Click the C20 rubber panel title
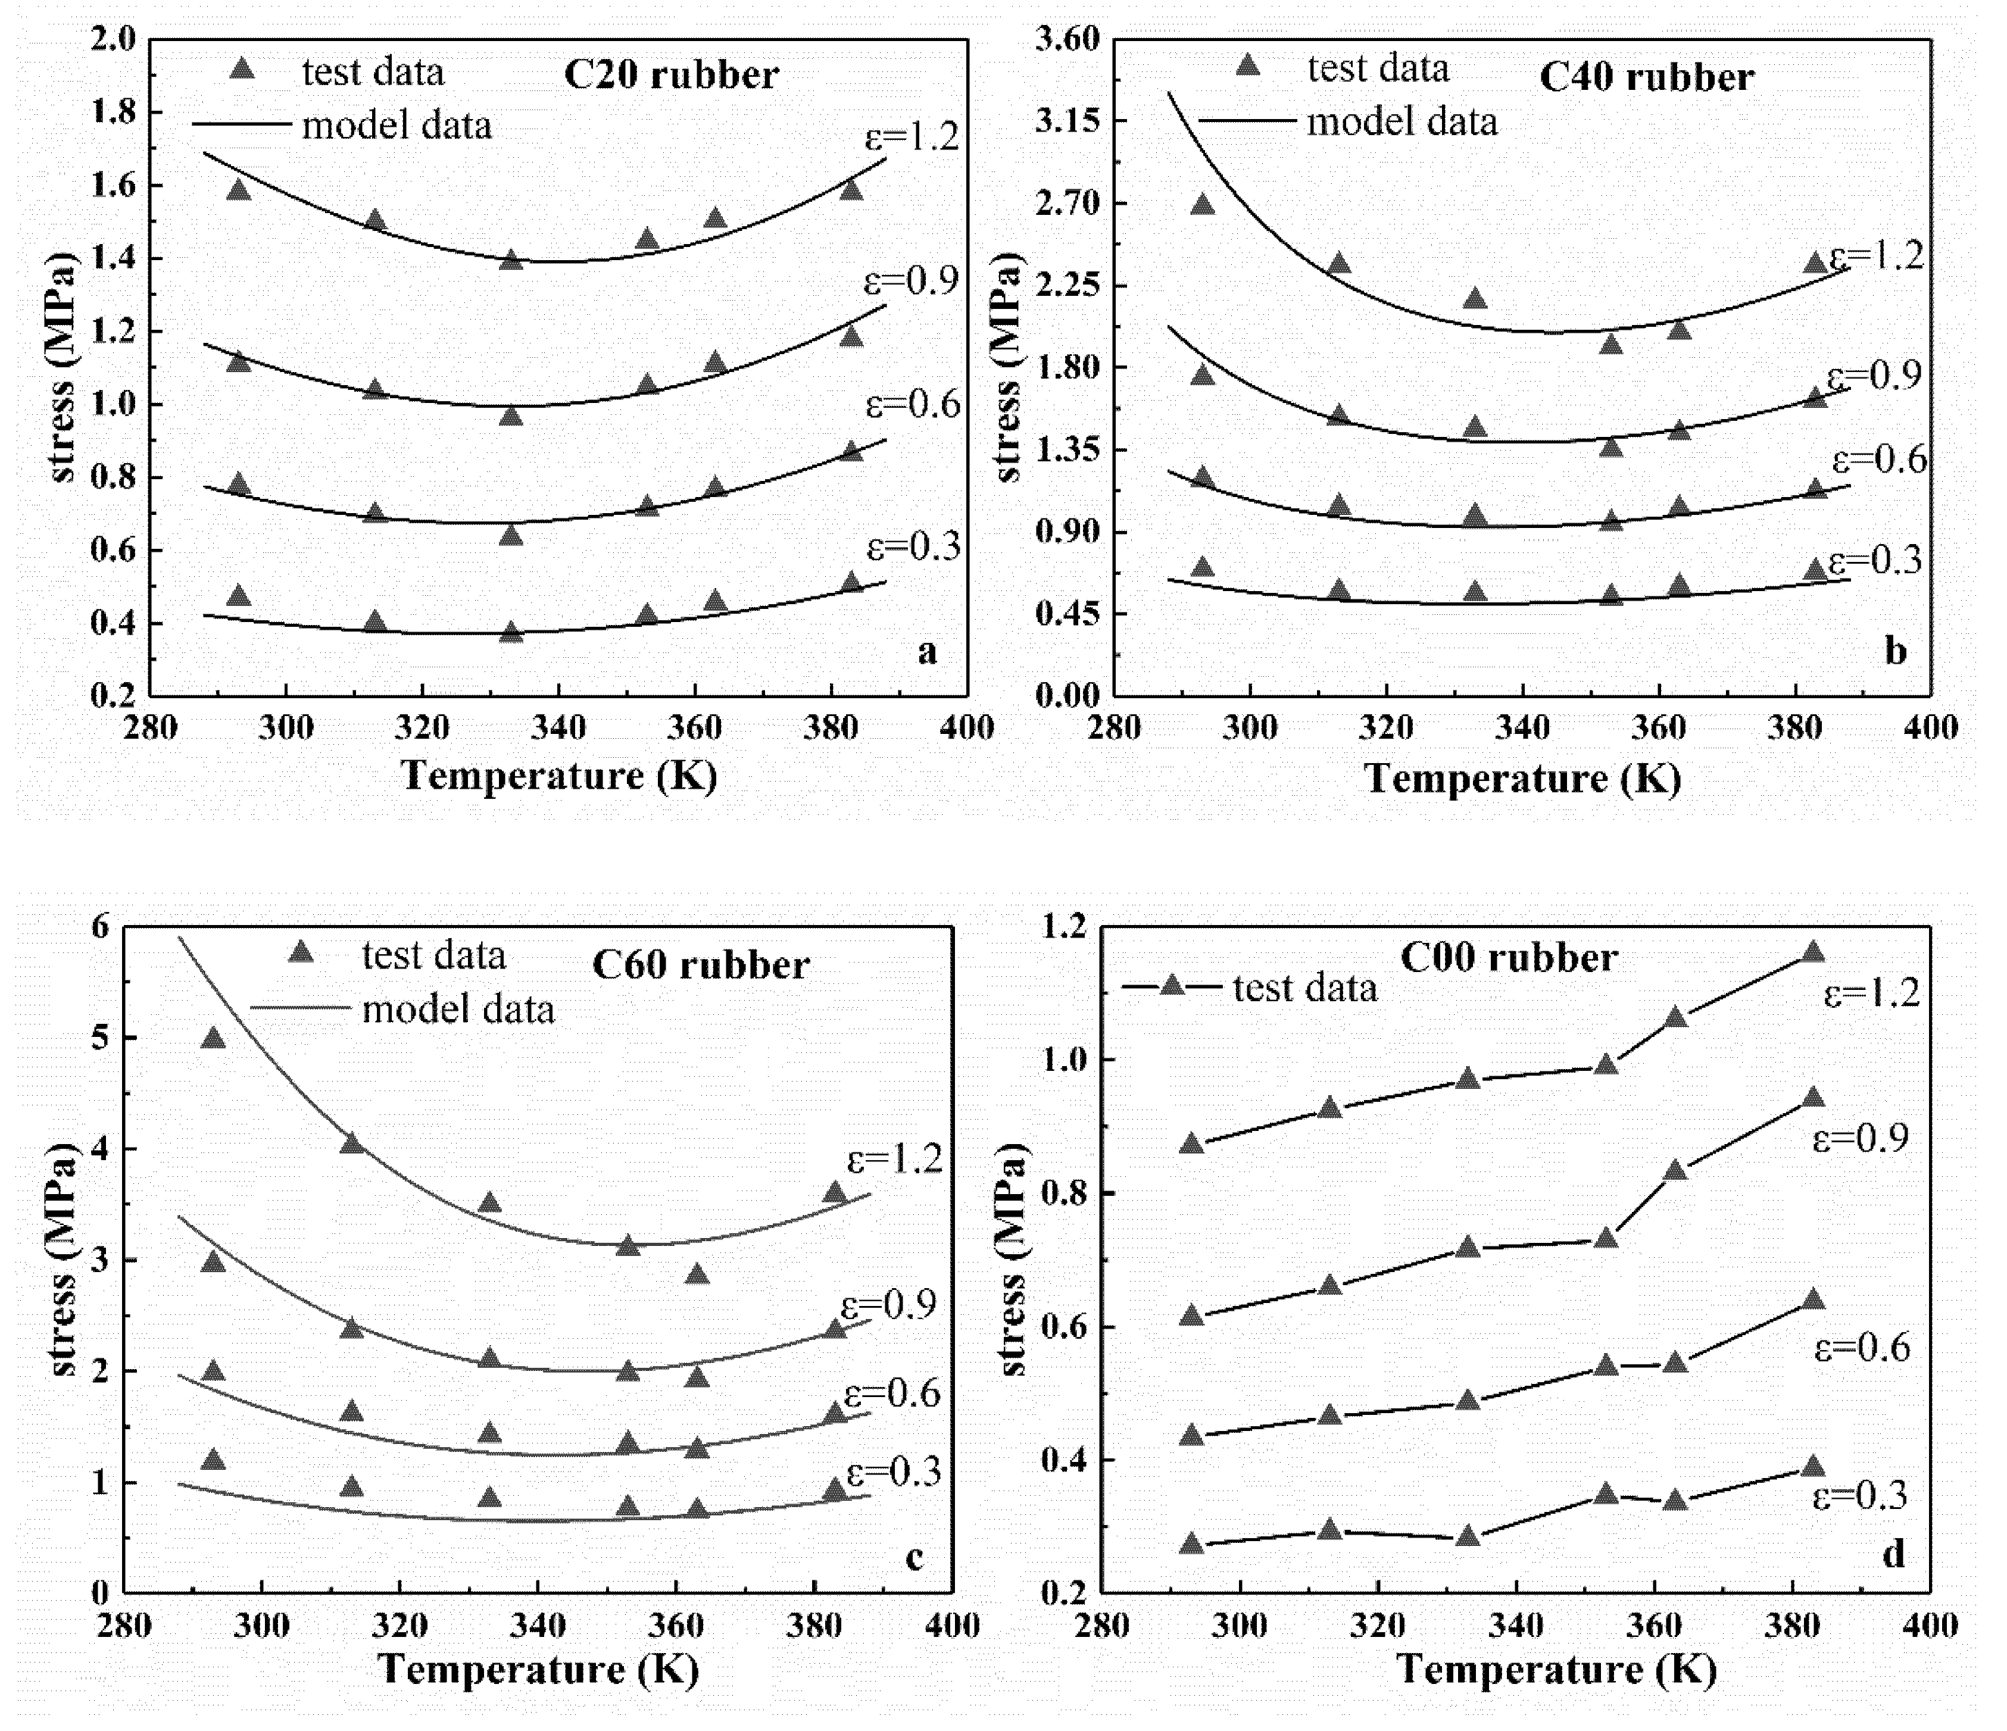click(670, 76)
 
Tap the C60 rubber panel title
click(700, 965)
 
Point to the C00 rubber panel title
click(1508, 958)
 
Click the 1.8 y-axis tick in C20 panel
click(114, 113)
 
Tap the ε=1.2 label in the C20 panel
click(910, 136)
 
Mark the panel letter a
click(927, 652)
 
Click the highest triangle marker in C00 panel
click(1812, 953)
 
